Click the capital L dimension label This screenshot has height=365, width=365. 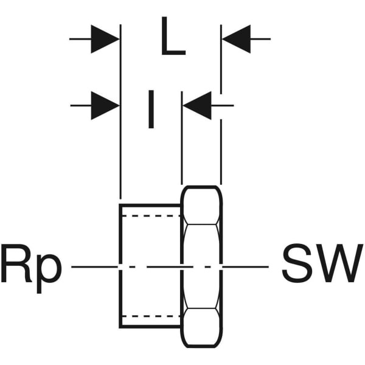(172, 38)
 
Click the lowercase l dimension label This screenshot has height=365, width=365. (150, 109)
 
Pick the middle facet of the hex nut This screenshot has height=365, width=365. (201, 266)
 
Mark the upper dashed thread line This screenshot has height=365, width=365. (150, 216)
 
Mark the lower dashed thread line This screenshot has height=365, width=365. (150, 316)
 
